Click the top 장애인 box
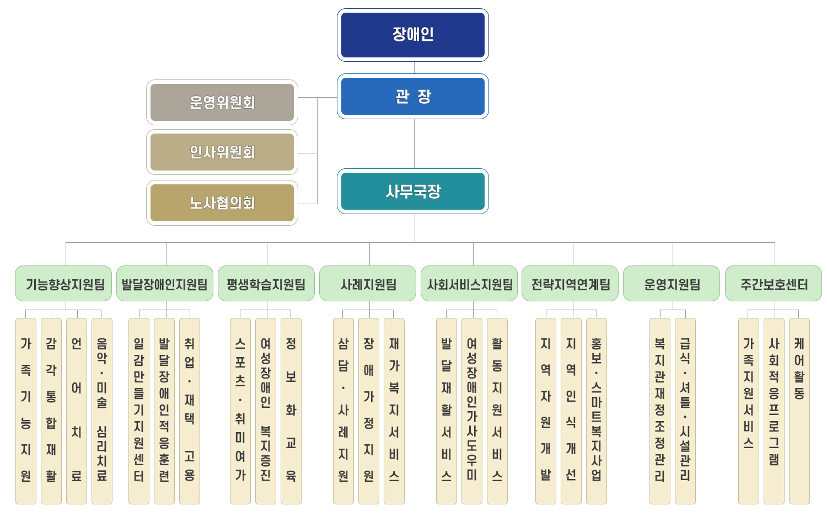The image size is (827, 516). pyautogui.click(x=412, y=35)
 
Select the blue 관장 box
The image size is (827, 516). pyautogui.click(x=412, y=97)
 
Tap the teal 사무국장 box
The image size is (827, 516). pyautogui.click(x=412, y=191)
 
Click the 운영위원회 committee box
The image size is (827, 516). pyautogui.click(x=222, y=103)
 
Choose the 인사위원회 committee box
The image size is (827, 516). pyautogui.click(x=222, y=152)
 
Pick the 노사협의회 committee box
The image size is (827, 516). pyautogui.click(x=222, y=203)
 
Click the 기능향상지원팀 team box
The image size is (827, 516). pyautogui.click(x=64, y=284)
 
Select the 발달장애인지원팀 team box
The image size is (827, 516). pyautogui.click(x=165, y=284)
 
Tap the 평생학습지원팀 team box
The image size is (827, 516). pyautogui.click(x=266, y=284)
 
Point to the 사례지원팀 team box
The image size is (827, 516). pyautogui.click(x=368, y=284)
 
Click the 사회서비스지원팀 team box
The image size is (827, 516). pyautogui.click(x=469, y=284)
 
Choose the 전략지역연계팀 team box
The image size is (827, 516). pyautogui.click(x=570, y=284)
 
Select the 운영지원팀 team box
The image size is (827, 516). pyautogui.click(x=672, y=284)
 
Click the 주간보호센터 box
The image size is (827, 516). pyautogui.click(x=774, y=284)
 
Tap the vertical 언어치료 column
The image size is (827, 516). pyautogui.click(x=77, y=411)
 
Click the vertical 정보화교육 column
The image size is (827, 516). pyautogui.click(x=291, y=411)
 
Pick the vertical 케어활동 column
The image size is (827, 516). pyautogui.click(x=799, y=411)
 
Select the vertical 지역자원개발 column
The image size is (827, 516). pyautogui.click(x=546, y=411)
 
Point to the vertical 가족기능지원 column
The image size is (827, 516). pyautogui.click(x=26, y=411)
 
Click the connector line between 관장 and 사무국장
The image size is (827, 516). pyautogui.click(x=414, y=143)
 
